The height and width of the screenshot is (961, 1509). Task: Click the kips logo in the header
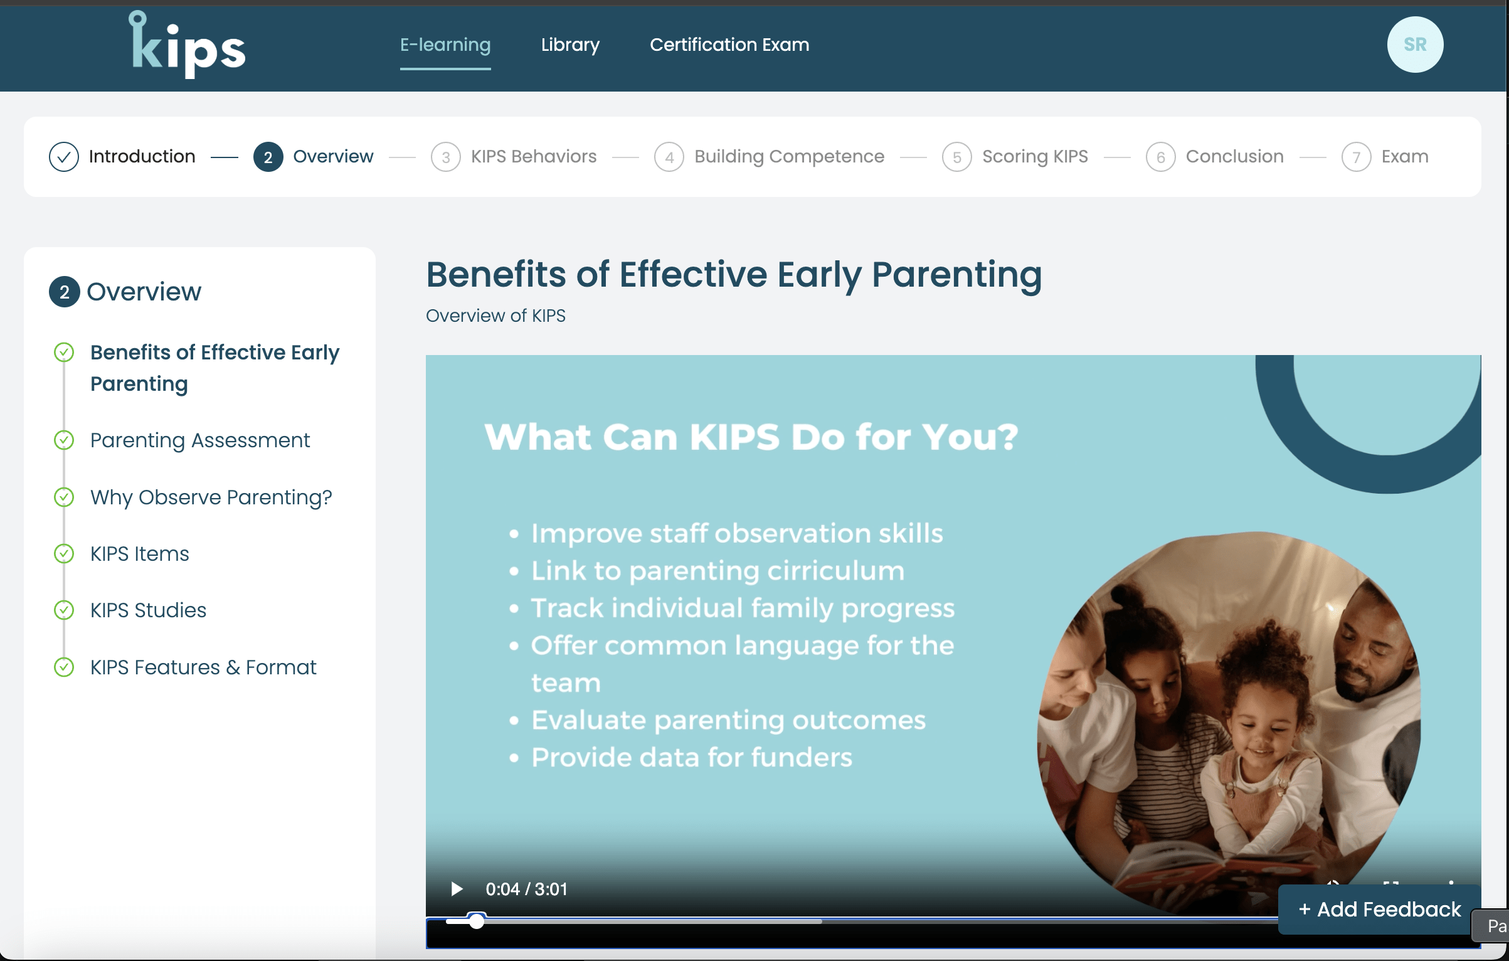click(187, 45)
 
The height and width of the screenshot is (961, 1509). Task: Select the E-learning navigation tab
click(445, 45)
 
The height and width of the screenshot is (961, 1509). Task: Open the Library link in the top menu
click(570, 45)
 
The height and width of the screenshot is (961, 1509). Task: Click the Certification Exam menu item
click(729, 45)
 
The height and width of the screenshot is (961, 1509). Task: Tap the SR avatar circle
click(1415, 45)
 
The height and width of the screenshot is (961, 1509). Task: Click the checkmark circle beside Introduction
click(64, 157)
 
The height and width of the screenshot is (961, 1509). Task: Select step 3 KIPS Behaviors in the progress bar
click(534, 156)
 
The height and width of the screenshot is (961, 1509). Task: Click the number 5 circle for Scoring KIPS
click(956, 157)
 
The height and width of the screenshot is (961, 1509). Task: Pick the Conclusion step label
click(1234, 156)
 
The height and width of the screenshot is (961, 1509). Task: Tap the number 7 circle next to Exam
click(1356, 157)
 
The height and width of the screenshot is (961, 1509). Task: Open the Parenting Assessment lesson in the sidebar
click(200, 440)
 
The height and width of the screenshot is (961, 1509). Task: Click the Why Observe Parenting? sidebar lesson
click(211, 497)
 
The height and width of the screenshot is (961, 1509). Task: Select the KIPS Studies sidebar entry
click(148, 610)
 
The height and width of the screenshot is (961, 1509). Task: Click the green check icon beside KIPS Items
click(64, 554)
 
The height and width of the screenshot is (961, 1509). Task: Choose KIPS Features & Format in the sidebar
click(203, 667)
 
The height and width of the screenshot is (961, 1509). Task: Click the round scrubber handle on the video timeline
click(477, 921)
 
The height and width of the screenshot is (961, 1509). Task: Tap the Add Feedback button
click(1379, 909)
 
